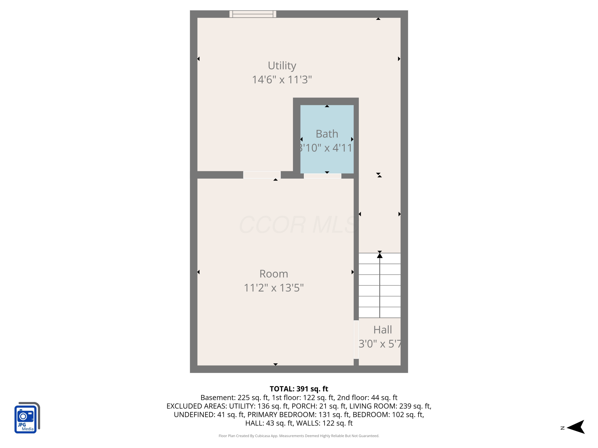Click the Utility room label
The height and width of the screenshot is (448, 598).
coord(282,66)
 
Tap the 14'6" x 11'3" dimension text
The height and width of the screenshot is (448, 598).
coord(282,80)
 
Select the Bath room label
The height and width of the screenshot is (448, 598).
coord(327,134)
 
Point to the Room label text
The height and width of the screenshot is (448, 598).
coord(274,274)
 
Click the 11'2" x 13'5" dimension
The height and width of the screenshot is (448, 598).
coord(274,288)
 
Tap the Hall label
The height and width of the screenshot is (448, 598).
coord(383,330)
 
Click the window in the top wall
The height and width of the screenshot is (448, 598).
coord(253,14)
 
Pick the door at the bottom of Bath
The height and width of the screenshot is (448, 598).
coord(323,176)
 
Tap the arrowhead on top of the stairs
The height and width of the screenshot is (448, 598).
coord(380,255)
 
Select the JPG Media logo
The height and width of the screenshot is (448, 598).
coord(27,418)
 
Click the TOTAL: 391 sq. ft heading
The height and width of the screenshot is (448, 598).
coord(299,389)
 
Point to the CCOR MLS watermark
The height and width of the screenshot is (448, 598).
coord(299,225)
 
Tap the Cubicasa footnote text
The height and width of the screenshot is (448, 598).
coord(299,436)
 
